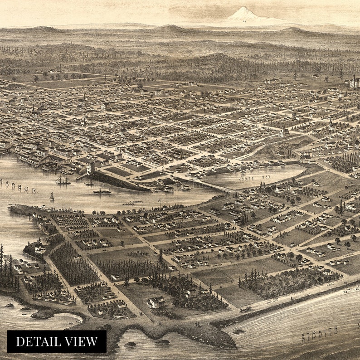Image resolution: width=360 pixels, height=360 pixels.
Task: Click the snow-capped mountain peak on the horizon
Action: (244, 15)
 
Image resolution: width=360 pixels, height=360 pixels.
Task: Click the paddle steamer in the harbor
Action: (102, 191)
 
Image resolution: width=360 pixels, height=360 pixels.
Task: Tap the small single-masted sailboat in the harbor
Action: (52, 196)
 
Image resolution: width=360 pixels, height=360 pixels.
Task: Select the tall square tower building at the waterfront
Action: (91, 168)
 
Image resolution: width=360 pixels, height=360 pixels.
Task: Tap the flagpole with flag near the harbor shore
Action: (159, 202)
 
